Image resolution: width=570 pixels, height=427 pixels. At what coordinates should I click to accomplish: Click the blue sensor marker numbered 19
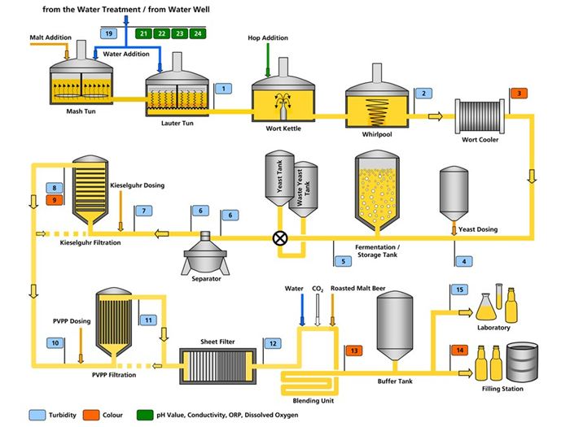click(109, 33)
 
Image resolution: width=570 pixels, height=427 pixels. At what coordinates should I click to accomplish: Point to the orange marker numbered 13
click(353, 350)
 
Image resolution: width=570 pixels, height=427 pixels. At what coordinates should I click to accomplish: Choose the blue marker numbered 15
click(459, 290)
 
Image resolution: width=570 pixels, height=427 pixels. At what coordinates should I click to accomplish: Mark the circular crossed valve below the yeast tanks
click(281, 238)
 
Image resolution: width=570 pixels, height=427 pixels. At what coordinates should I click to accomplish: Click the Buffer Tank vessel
click(398, 327)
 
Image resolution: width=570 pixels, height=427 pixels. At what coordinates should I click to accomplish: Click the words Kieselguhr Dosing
click(136, 185)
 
